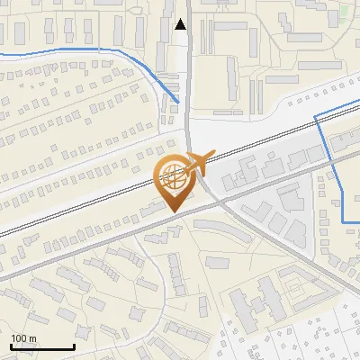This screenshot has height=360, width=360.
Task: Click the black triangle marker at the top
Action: pos(181,24)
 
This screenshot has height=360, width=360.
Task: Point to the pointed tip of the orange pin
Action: pos(174,212)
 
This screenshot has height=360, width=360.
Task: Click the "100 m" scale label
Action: pos(23,338)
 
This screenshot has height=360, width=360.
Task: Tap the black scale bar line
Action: pos(41,347)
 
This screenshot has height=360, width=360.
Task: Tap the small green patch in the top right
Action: pos(345,13)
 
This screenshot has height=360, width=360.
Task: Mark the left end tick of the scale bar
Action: pos(10,346)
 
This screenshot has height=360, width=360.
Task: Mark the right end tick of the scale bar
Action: pos(74,346)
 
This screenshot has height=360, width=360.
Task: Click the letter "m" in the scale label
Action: pos(32,338)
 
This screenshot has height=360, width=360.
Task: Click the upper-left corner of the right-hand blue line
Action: pos(314,116)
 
